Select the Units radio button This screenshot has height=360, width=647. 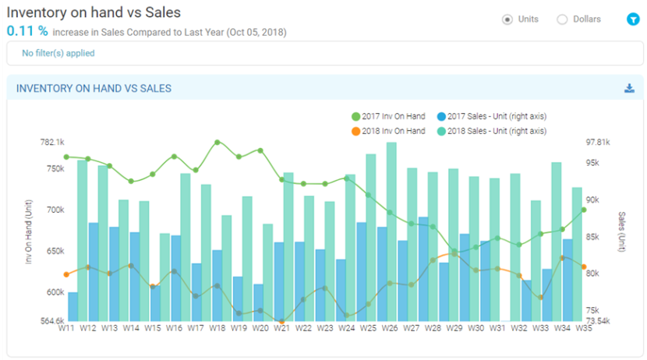pyautogui.click(x=507, y=19)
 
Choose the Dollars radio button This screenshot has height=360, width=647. pyautogui.click(x=561, y=19)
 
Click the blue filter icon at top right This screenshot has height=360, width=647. pyautogui.click(x=632, y=19)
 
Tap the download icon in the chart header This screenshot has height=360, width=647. pyautogui.click(x=629, y=88)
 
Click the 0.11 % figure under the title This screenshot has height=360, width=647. pyautogui.click(x=27, y=32)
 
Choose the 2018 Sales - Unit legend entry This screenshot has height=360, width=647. pyautogui.click(x=491, y=131)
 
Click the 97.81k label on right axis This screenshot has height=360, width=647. pyautogui.click(x=597, y=143)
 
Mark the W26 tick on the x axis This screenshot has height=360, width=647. pyautogui.click(x=388, y=329)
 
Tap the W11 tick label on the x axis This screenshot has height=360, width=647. pyautogui.click(x=68, y=329)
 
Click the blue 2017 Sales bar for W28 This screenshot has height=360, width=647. pyautogui.click(x=422, y=269)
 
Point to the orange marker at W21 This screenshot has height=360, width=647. pyautogui.click(x=281, y=321)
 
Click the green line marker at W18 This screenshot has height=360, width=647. pyautogui.click(x=217, y=143)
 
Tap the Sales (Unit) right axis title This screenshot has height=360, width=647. pyautogui.click(x=622, y=231)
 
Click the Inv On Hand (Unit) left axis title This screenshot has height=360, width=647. pyautogui.click(x=29, y=231)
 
